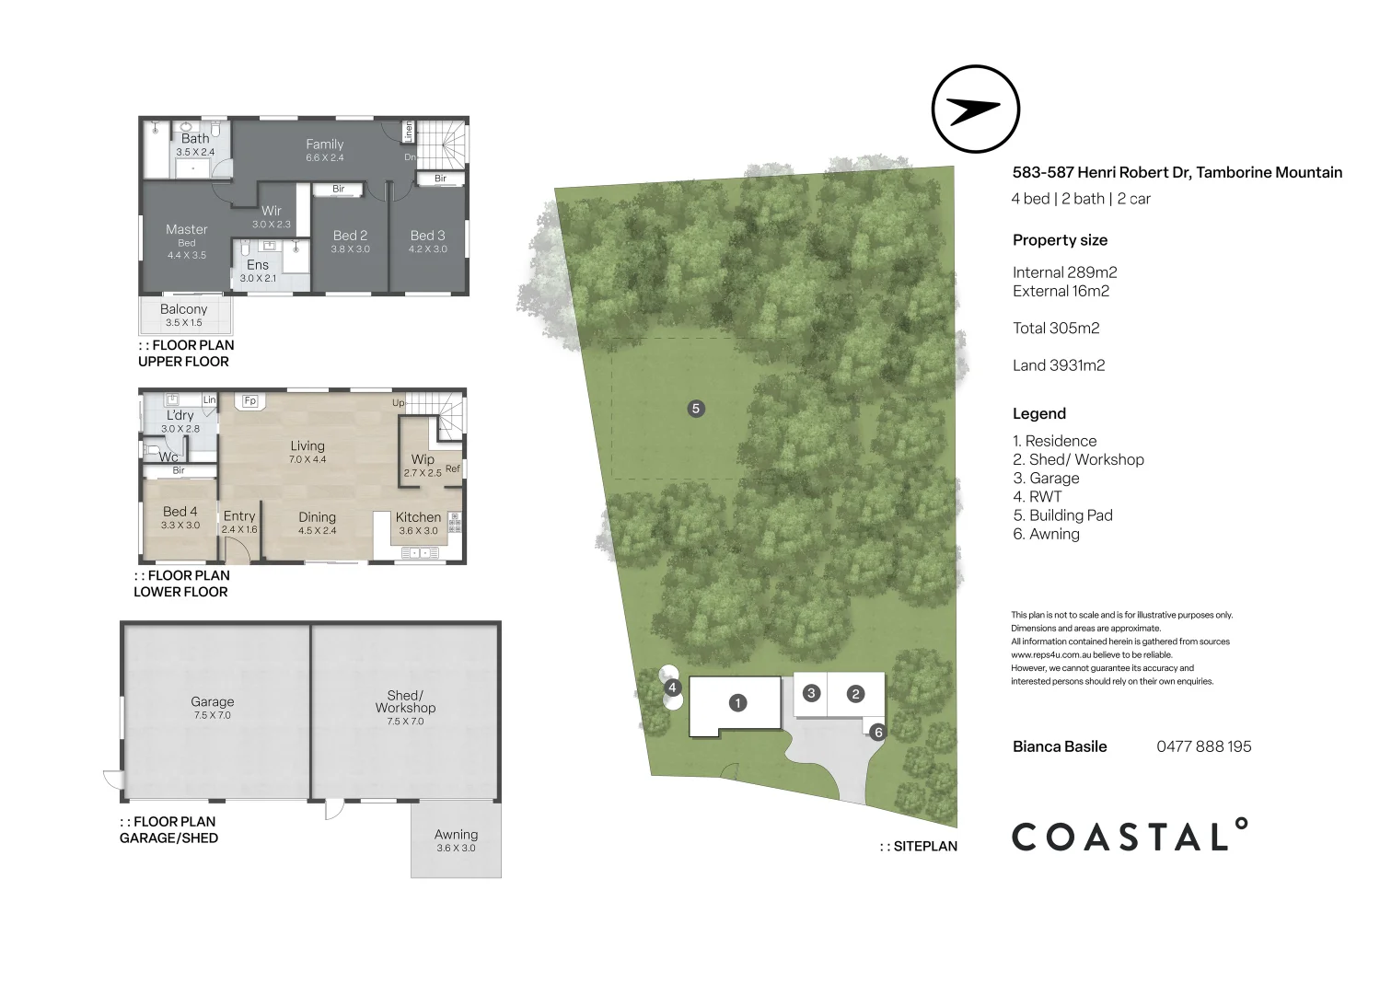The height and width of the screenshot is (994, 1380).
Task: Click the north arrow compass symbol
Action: pyautogui.click(x=975, y=110)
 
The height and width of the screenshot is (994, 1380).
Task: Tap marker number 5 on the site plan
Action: pyautogui.click(x=696, y=408)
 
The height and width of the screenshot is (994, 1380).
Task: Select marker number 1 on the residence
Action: pyautogui.click(x=737, y=703)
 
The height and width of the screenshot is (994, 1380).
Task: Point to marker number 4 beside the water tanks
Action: pyautogui.click(x=673, y=688)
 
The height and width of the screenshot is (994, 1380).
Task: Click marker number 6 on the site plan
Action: pyautogui.click(x=877, y=733)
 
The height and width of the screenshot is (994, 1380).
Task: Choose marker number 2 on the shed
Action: pyautogui.click(x=855, y=694)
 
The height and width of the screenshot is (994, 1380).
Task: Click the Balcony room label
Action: pyautogui.click(x=183, y=310)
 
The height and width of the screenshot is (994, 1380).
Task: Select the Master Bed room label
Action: pyautogui.click(x=187, y=230)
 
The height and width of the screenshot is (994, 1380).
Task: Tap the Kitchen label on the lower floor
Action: pyautogui.click(x=418, y=517)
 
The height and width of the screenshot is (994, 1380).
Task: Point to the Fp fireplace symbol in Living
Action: pyautogui.click(x=249, y=401)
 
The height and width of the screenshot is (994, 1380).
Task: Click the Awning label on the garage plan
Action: pyautogui.click(x=456, y=835)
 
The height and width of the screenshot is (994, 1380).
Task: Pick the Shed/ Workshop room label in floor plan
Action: pyautogui.click(x=405, y=701)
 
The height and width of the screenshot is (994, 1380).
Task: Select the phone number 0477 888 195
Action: pyautogui.click(x=1203, y=746)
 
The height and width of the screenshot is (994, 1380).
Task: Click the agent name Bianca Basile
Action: pyautogui.click(x=1060, y=746)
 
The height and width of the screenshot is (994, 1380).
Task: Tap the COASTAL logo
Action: pyautogui.click(x=1130, y=836)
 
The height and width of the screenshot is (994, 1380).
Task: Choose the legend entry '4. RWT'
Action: pyautogui.click(x=1038, y=497)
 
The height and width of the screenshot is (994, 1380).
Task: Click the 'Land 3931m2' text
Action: pyautogui.click(x=1059, y=365)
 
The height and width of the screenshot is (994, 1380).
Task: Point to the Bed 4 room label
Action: pyautogui.click(x=180, y=512)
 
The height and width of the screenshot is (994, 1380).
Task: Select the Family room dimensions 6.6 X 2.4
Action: pyautogui.click(x=324, y=158)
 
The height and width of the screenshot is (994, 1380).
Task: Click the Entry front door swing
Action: pyautogui.click(x=238, y=551)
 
